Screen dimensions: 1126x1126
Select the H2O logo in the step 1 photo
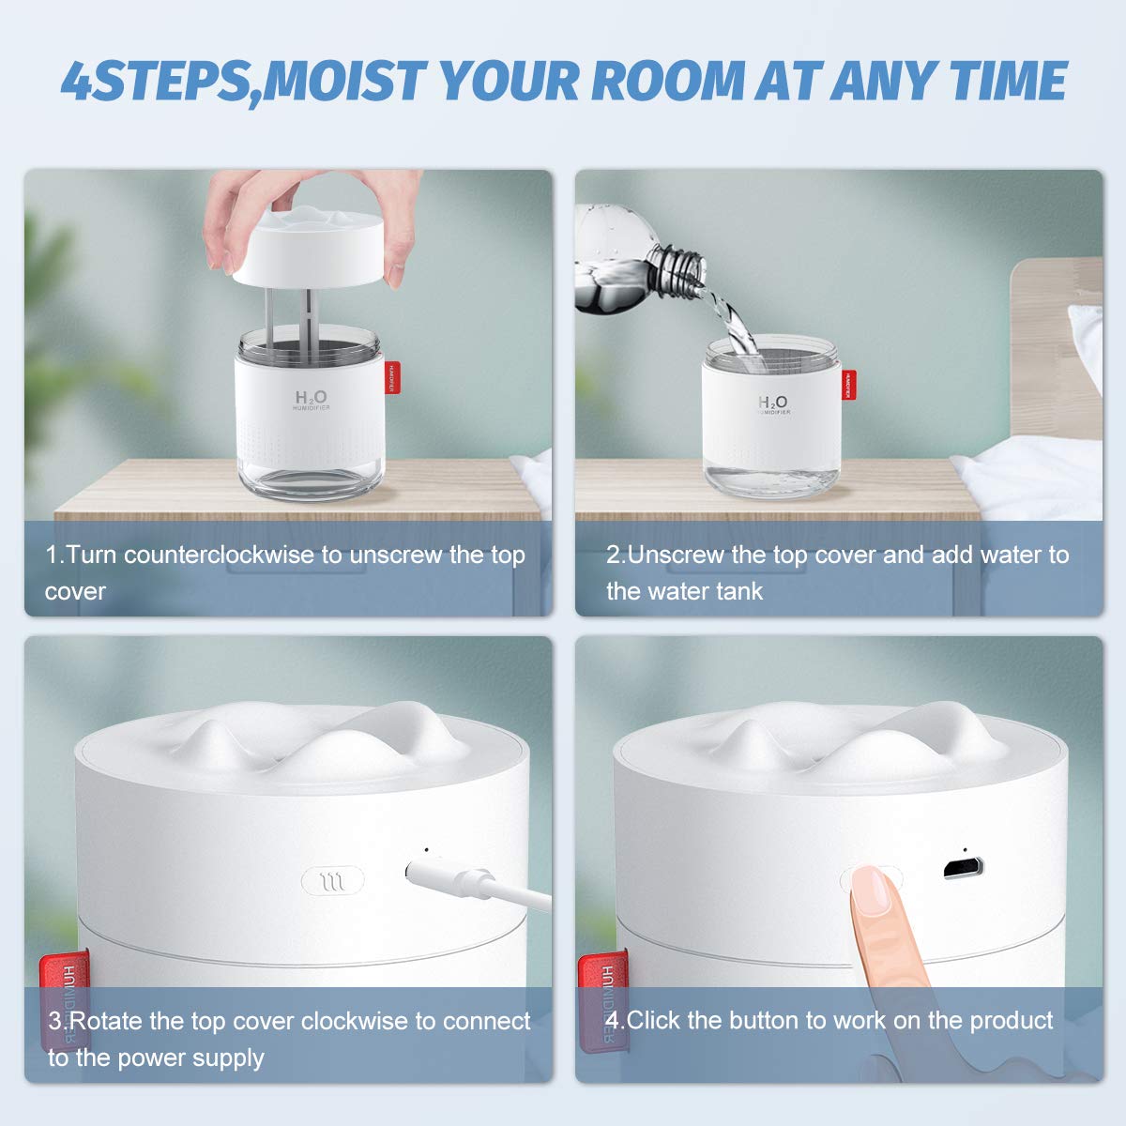point(311,400)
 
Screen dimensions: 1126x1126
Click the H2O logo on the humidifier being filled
point(773,403)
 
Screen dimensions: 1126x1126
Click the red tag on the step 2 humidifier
point(847,384)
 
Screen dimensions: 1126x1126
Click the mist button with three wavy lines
point(332,881)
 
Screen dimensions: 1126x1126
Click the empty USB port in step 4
point(963,867)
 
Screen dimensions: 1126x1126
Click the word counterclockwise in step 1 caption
point(221,555)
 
